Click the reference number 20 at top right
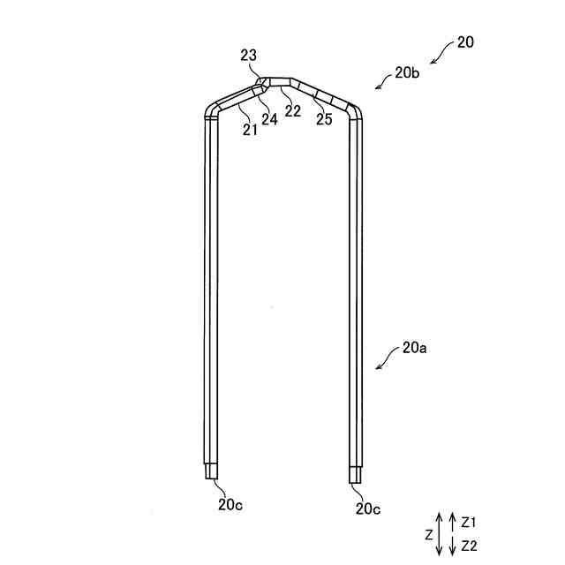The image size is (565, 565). [465, 41]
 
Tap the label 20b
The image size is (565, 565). [407, 72]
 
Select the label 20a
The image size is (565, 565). [414, 348]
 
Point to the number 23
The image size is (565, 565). [249, 56]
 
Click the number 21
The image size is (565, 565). [250, 130]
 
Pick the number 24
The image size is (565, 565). [270, 120]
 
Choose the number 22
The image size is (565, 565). [293, 110]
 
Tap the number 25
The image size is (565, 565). [324, 119]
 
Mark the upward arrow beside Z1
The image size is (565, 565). [452, 520]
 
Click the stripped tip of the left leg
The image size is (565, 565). [212, 472]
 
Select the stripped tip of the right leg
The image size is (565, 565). [355, 474]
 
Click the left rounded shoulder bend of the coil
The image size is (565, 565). [212, 109]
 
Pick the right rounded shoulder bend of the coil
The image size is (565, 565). [355, 111]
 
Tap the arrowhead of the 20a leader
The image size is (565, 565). [379, 366]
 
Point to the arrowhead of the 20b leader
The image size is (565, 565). [378, 87]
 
